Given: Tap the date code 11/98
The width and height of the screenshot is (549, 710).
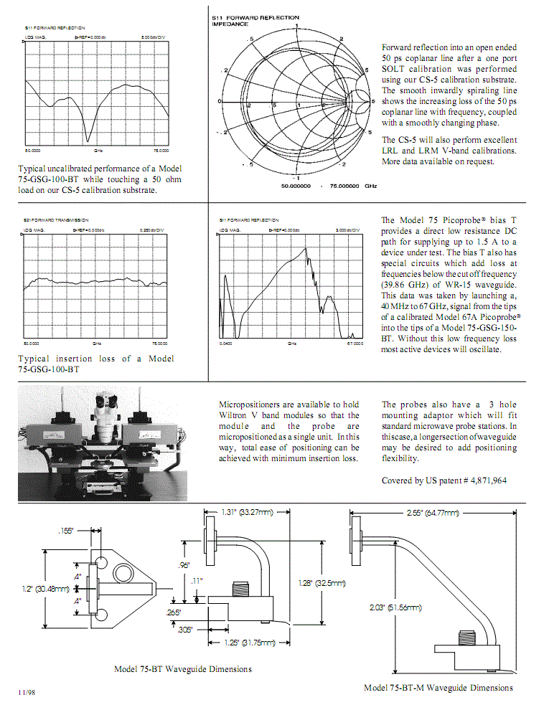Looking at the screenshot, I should (x=27, y=692).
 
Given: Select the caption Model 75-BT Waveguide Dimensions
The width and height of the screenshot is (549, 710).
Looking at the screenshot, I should (x=183, y=669).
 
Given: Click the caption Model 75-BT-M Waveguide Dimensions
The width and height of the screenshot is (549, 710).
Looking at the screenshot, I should (x=438, y=688).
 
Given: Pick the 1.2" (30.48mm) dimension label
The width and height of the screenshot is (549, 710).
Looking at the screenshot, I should (x=44, y=589).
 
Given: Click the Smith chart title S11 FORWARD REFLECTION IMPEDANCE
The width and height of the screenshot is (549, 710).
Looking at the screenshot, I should (x=250, y=19).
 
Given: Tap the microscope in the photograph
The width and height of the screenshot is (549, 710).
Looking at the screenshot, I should (x=110, y=416).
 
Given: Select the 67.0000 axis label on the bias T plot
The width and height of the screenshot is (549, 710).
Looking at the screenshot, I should (x=355, y=344).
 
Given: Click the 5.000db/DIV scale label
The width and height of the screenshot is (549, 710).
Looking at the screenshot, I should (x=154, y=36).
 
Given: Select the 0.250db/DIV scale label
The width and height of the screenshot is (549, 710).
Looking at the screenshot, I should (x=154, y=230).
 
